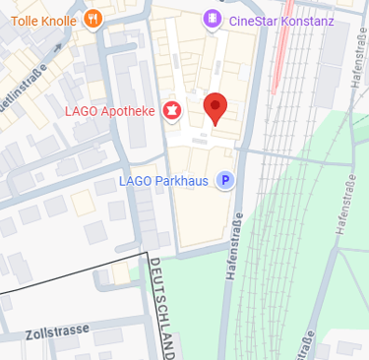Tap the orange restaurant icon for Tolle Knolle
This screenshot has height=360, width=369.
(93, 18)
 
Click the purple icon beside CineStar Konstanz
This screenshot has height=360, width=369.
(212, 19)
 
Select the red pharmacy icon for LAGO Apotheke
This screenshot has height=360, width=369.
(173, 110)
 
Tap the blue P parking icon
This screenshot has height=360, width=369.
(225, 180)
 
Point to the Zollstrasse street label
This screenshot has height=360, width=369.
(58, 330)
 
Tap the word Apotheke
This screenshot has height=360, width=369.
(123, 111)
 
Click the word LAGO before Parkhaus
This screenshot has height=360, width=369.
(133, 180)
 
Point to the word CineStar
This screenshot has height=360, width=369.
(250, 21)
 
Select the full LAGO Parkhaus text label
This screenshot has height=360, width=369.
(161, 180)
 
